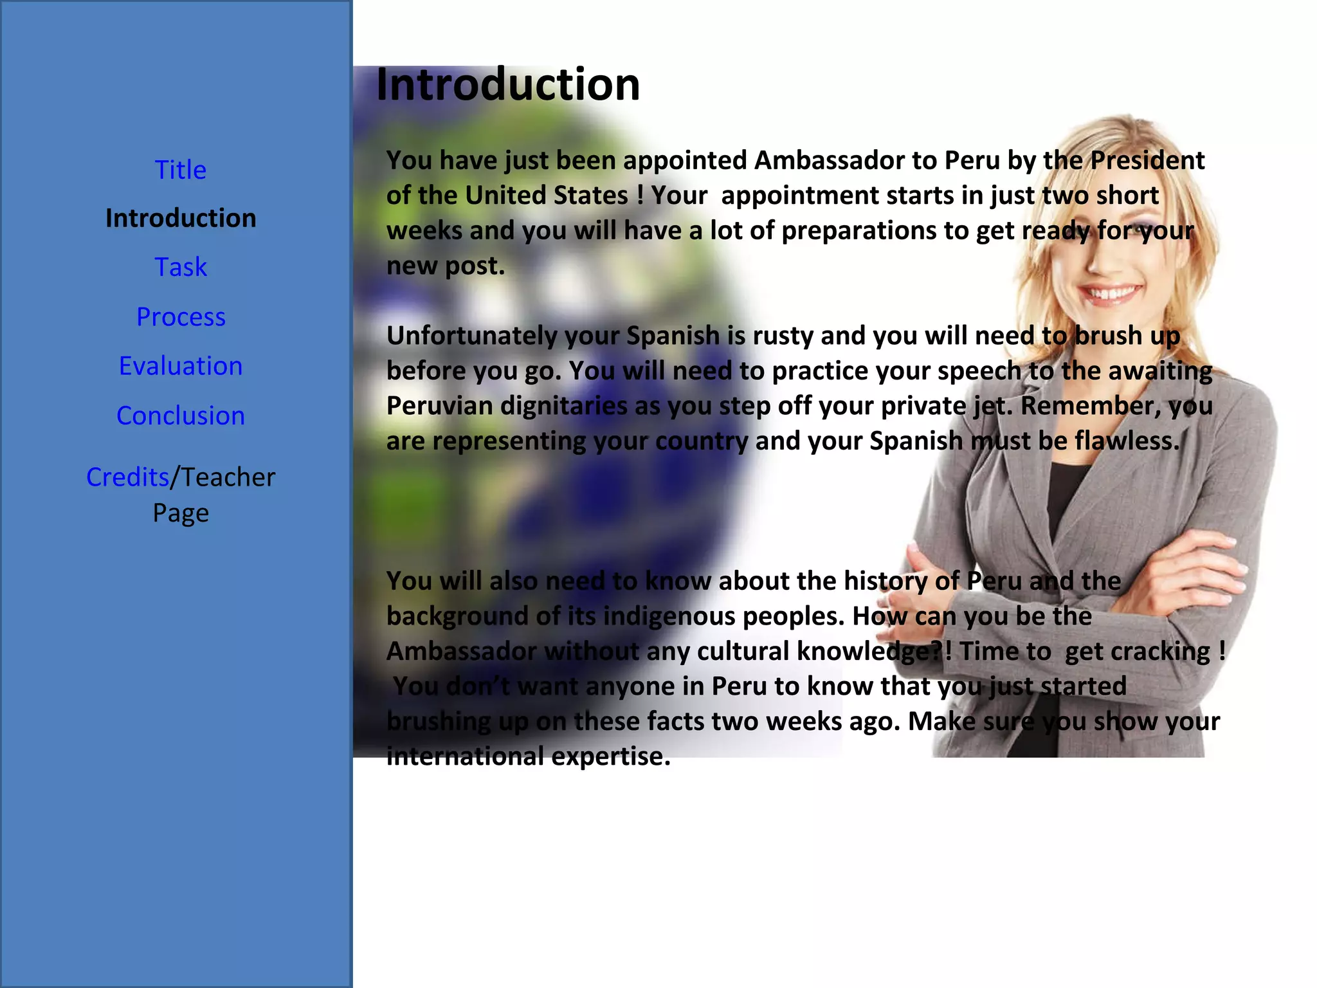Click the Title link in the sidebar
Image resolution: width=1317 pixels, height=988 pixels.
181,170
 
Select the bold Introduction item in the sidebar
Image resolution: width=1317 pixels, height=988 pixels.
181,219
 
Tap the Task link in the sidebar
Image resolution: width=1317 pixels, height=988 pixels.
181,267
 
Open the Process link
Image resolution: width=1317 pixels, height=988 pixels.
181,316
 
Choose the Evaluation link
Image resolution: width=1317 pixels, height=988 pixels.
181,366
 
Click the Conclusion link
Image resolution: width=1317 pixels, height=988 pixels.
181,416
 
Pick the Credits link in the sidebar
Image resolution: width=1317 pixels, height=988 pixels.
127,477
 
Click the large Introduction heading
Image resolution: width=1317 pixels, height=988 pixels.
508,84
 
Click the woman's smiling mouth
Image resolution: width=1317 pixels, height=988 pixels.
1111,294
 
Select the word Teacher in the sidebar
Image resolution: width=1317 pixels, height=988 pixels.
228,477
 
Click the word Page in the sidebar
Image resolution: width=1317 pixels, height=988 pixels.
181,513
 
